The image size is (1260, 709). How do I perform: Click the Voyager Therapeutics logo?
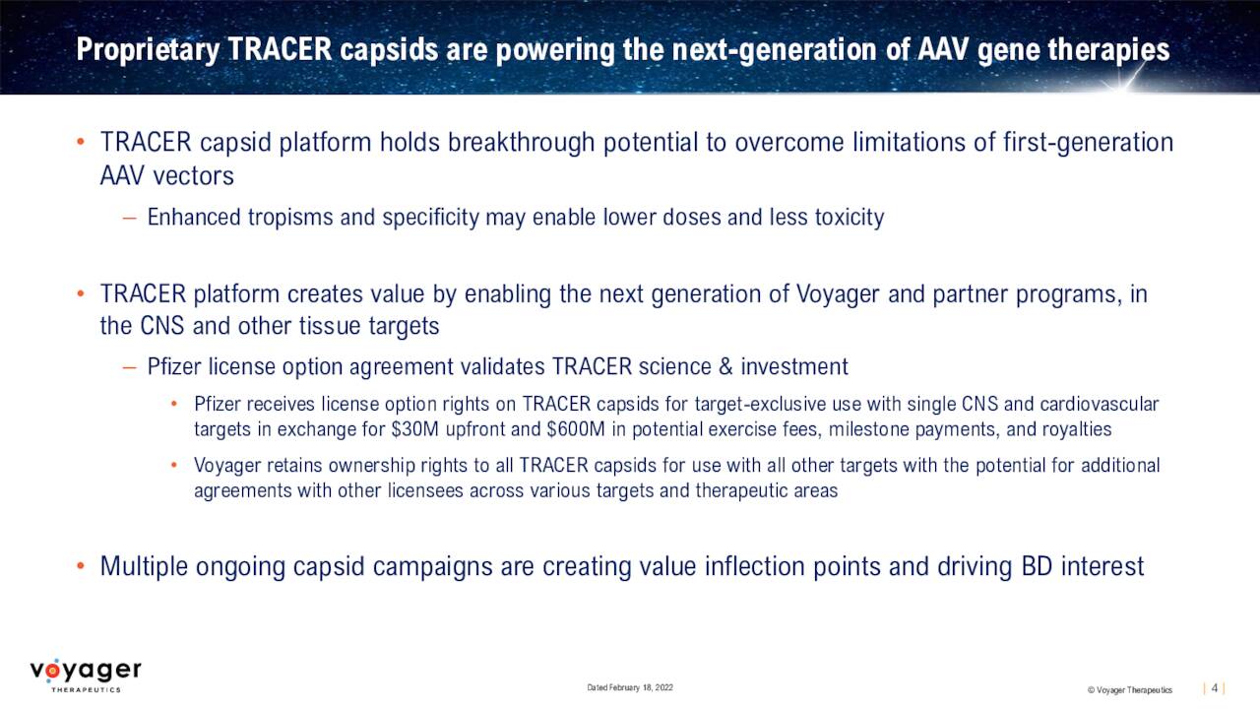tap(86, 676)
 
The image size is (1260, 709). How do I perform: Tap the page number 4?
tap(1215, 688)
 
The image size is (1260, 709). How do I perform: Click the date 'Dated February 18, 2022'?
tap(630, 687)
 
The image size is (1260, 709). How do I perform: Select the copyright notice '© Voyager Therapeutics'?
tap(1130, 690)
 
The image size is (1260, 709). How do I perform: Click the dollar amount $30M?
tap(415, 429)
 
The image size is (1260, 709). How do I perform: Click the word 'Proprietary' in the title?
tap(148, 49)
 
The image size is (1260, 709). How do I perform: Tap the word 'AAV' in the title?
tap(943, 49)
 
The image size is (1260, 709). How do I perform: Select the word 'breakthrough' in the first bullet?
tap(521, 143)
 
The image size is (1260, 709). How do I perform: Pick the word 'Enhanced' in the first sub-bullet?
tap(194, 218)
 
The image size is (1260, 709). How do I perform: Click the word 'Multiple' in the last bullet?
tap(144, 566)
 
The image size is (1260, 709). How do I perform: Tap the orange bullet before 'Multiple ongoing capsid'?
tap(81, 565)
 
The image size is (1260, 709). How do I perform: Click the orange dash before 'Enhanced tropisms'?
tap(129, 219)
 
